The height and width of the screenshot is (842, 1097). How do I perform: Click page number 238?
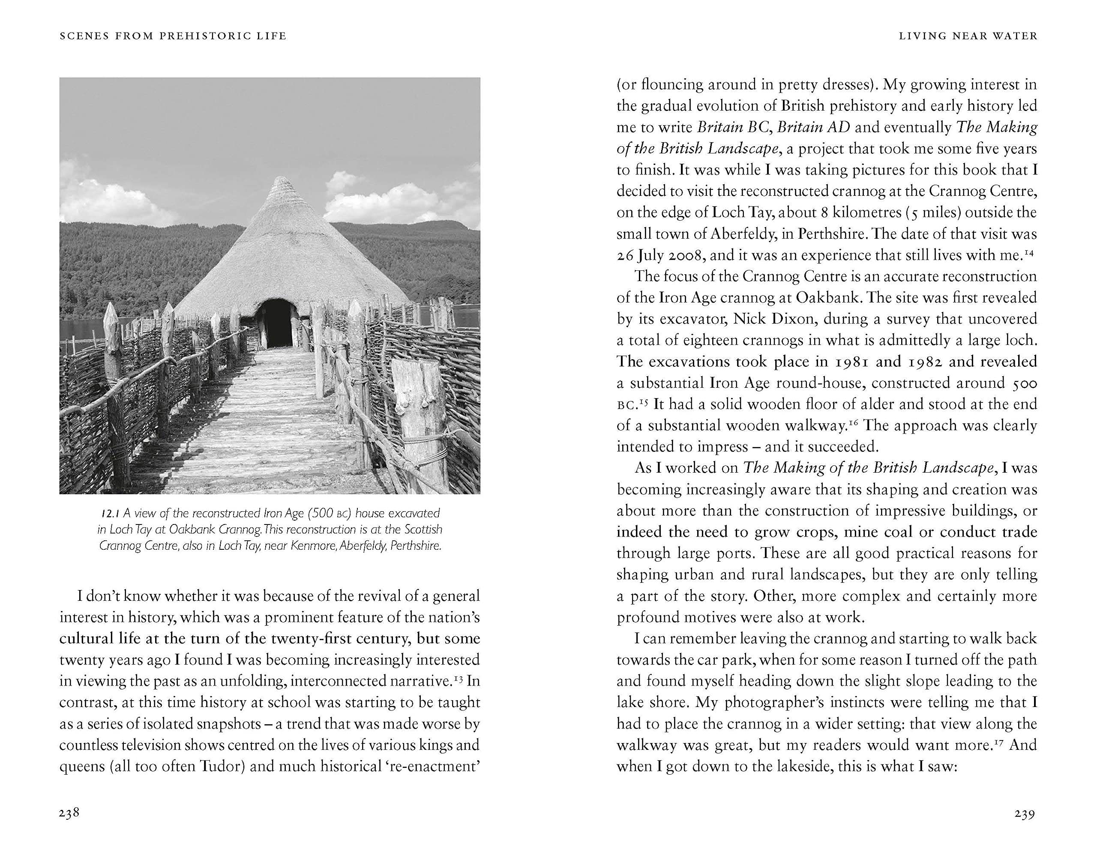pyautogui.click(x=69, y=813)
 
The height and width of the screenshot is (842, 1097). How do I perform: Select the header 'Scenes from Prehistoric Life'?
pyautogui.click(x=173, y=36)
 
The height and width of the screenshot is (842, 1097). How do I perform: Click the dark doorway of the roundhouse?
pyautogui.click(x=277, y=323)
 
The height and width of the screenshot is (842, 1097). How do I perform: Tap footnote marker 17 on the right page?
pyautogui.click(x=999, y=741)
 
